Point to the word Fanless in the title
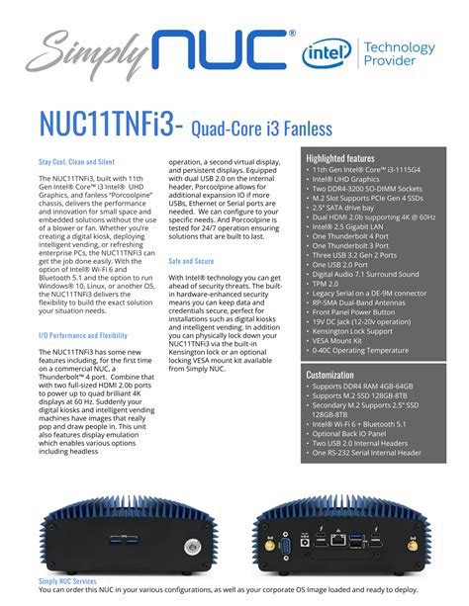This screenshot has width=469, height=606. (x=266, y=127)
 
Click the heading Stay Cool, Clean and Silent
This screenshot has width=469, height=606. (x=77, y=161)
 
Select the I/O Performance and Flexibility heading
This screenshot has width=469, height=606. (x=83, y=335)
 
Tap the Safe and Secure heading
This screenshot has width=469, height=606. (x=192, y=261)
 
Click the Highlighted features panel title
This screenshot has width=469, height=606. (x=340, y=158)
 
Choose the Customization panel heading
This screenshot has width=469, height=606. (x=329, y=376)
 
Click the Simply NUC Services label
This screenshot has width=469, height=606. (x=67, y=581)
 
